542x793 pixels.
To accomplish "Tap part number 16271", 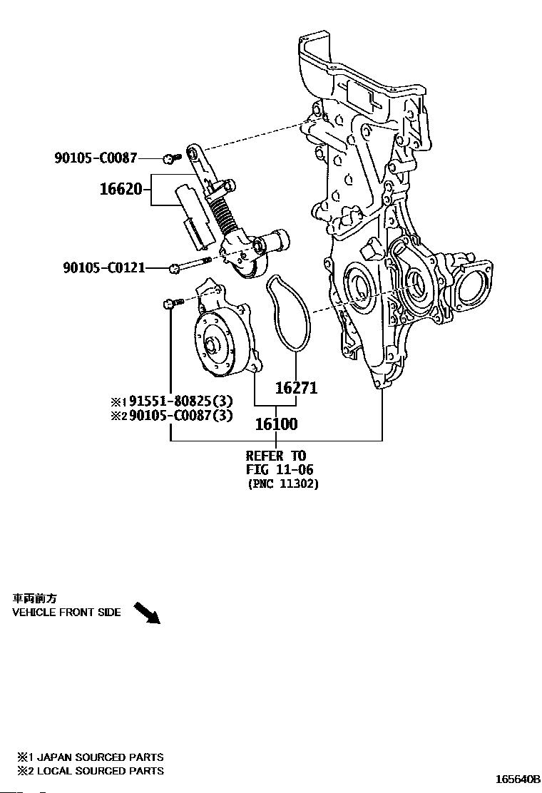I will (x=296, y=389).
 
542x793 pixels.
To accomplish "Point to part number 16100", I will (x=276, y=424).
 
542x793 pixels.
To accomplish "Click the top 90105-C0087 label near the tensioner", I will (x=95, y=158).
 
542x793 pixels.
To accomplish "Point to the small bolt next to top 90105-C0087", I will (x=169, y=158).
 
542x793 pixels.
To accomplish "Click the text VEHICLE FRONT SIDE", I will (x=66, y=613).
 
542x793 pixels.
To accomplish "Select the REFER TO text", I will (x=275, y=456).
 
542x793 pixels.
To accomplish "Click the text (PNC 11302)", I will (x=283, y=484).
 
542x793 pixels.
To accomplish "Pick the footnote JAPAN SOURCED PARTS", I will (x=99, y=757).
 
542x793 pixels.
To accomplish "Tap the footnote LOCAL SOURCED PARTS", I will (x=99, y=770).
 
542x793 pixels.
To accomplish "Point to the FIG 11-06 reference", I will (x=280, y=469).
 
